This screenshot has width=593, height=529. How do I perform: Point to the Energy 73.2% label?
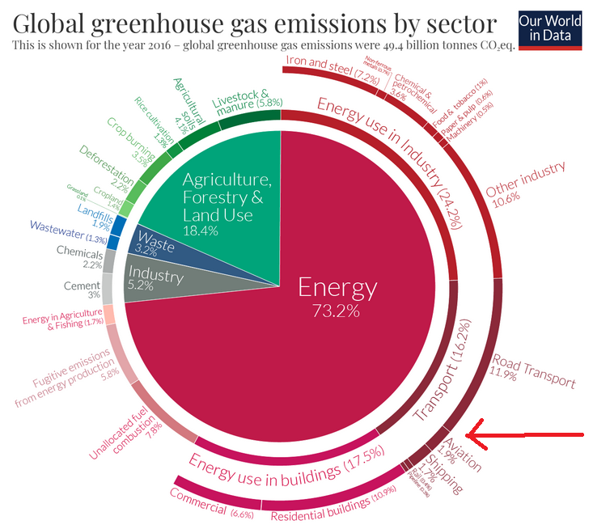[x=337, y=296]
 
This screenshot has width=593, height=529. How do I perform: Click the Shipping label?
[x=443, y=475]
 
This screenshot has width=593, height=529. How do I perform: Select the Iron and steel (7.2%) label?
[x=320, y=70]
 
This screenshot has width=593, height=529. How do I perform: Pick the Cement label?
[x=82, y=288]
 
